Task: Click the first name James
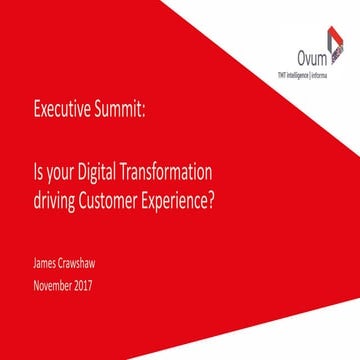pyautogui.click(x=46, y=265)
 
